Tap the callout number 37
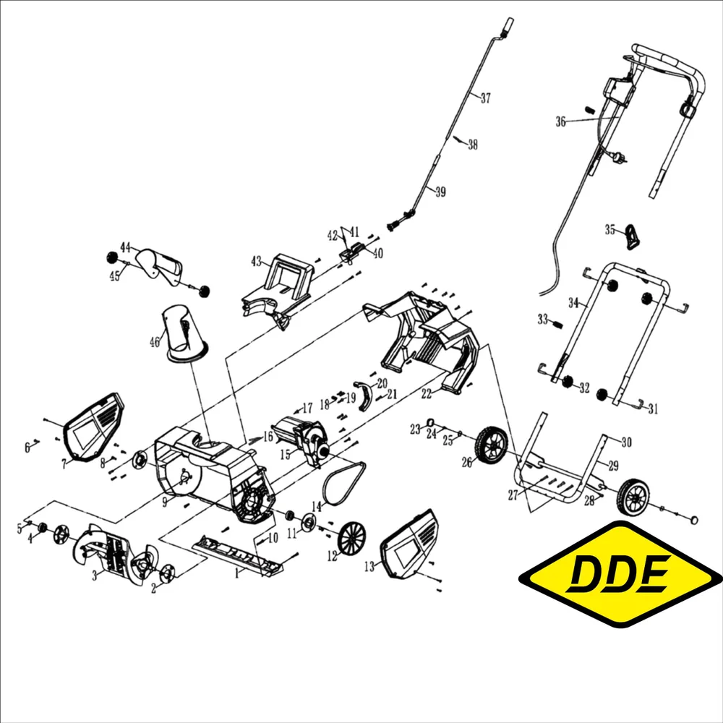pyautogui.click(x=485, y=98)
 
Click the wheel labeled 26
pyautogui.click(x=492, y=444)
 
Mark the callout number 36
pyautogui.click(x=561, y=122)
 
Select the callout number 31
pyautogui.click(x=653, y=409)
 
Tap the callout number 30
pyautogui.click(x=626, y=442)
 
